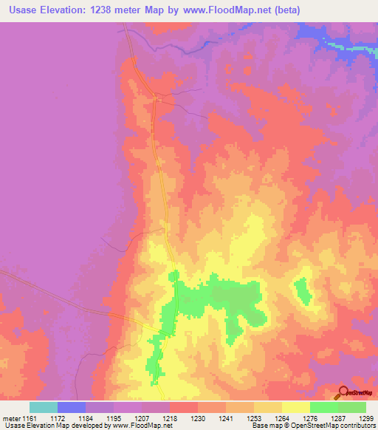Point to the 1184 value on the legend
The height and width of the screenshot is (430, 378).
[86, 417]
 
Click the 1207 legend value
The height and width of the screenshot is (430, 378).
[142, 417]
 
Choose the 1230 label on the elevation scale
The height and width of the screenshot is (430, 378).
[199, 417]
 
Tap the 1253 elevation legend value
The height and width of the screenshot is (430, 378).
[255, 417]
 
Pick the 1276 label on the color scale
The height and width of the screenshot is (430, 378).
[311, 417]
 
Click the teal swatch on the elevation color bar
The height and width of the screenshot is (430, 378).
[44, 407]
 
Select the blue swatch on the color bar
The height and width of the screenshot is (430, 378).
[72, 407]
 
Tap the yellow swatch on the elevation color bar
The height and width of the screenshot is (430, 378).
[296, 407]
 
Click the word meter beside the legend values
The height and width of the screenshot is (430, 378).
[11, 417]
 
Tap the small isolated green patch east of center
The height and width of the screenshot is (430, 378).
[301, 289]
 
